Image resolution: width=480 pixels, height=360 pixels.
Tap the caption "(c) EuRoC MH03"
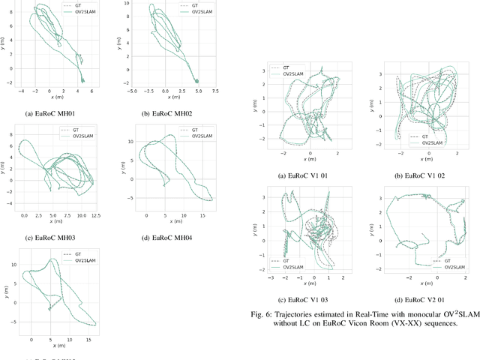(x=49, y=238)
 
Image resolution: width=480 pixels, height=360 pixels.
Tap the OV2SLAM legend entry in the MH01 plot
(x=77, y=13)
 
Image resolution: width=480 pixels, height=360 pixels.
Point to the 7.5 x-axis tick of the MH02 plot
(x=215, y=91)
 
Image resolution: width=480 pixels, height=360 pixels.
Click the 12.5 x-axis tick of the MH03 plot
(x=94, y=216)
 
